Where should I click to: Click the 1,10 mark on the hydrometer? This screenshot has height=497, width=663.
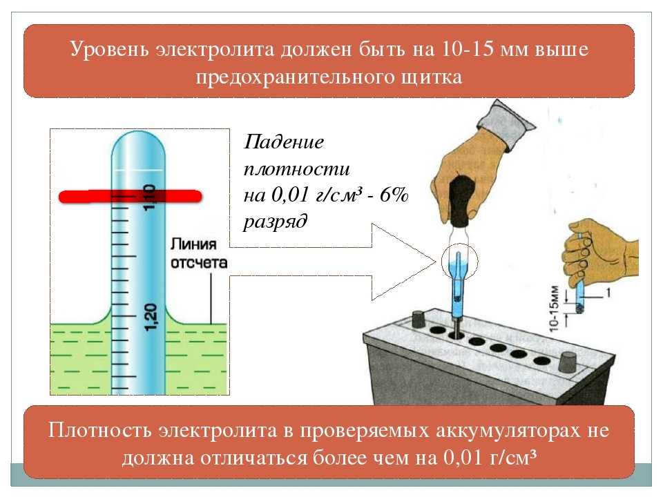coord(150,197)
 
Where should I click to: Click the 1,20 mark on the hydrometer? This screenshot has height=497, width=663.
coord(151,317)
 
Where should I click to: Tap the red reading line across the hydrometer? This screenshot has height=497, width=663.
coord(131,197)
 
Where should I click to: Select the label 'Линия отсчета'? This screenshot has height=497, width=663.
coord(199,253)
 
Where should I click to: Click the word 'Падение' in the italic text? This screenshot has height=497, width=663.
coord(284,142)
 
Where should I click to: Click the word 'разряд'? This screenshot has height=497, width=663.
coord(276,222)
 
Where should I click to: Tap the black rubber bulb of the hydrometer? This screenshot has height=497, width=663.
coord(462,202)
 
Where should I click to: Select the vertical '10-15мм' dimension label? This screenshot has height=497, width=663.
coord(555,309)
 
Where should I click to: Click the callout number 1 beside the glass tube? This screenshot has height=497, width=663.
coord(608,292)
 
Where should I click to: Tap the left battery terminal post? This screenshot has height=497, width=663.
coord(419,320)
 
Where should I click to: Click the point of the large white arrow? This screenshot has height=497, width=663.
coord(436,262)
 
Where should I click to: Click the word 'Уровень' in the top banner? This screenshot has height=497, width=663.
coord(109,50)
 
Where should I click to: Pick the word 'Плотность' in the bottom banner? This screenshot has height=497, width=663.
coord(99,430)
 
